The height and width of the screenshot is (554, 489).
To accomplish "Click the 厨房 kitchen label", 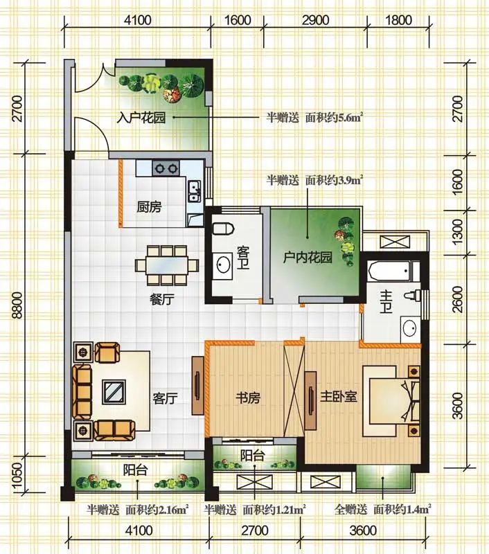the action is [x=149, y=206].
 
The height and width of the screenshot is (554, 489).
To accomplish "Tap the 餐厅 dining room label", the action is [x=162, y=300].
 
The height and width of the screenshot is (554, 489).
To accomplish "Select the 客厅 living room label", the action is [x=165, y=399].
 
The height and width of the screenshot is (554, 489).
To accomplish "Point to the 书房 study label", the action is [x=248, y=397].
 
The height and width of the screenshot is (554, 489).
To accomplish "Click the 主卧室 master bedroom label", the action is [x=339, y=396].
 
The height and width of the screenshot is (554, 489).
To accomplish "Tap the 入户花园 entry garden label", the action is [x=141, y=118].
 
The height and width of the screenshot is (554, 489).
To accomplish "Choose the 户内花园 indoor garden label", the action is [x=308, y=257].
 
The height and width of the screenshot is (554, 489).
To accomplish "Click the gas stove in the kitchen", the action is [x=166, y=168].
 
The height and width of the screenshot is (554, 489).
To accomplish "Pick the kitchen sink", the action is [x=195, y=191].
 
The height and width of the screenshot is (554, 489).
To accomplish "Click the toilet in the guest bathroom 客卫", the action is [x=224, y=229].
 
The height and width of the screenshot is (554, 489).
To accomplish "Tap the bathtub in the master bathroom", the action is [x=389, y=271].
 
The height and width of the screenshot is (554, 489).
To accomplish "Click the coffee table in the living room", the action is [x=114, y=392].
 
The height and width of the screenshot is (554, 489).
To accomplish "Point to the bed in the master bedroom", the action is [x=391, y=401].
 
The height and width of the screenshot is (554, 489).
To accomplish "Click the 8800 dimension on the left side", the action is [x=17, y=305].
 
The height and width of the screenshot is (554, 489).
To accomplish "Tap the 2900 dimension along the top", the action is [x=316, y=20].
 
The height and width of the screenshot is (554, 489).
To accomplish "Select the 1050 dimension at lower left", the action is [x=17, y=474].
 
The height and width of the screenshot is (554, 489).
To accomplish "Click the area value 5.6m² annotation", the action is [x=351, y=117].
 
